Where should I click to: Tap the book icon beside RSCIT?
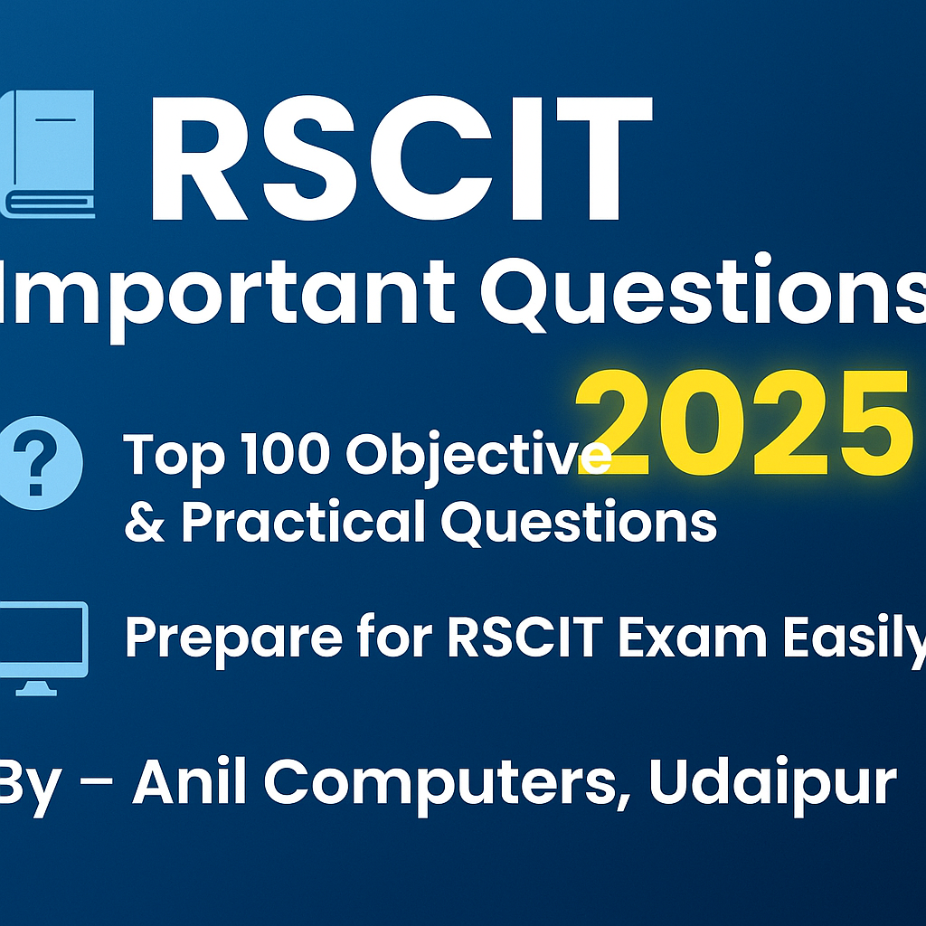[x=51, y=153]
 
